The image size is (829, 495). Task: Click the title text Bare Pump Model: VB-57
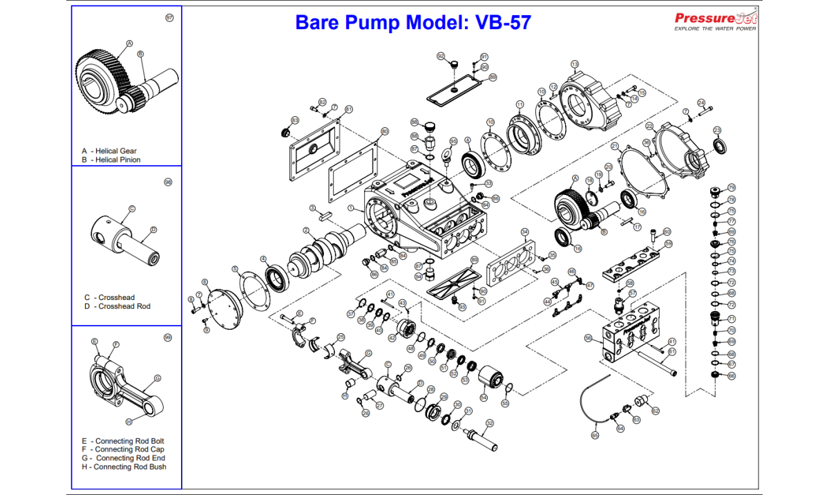pyautogui.click(x=413, y=22)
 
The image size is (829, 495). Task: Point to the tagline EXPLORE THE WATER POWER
pyautogui.click(x=715, y=29)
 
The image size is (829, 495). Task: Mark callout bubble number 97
pyautogui.click(x=169, y=18)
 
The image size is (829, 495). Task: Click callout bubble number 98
pyautogui.click(x=168, y=183)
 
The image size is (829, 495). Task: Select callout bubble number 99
pyautogui.click(x=167, y=337)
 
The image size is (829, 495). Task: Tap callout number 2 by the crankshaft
pyautogui.click(x=306, y=230)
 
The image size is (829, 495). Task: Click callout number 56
pyautogui.click(x=589, y=338)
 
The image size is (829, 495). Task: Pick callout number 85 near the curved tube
pyautogui.click(x=595, y=436)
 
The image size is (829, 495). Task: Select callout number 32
pyautogui.click(x=490, y=423)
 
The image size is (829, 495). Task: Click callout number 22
pyautogui.click(x=649, y=126)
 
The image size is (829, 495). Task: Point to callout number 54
pyautogui.click(x=484, y=397)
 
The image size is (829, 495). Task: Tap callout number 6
pyautogui.click(x=204, y=282)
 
